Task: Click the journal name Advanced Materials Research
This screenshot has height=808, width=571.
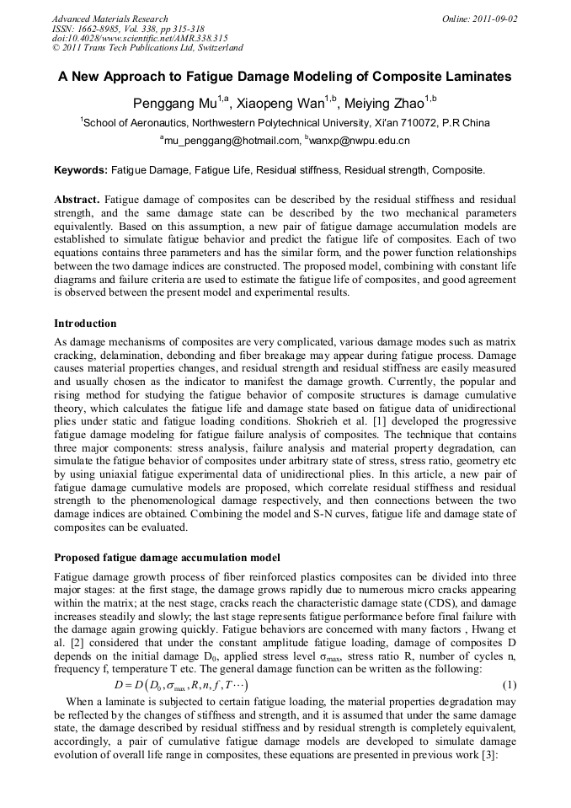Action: click(109, 19)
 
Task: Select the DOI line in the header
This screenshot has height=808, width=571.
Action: click(140, 38)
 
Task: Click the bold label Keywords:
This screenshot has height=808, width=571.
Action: click(81, 170)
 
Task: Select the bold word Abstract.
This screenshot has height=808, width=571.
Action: click(77, 200)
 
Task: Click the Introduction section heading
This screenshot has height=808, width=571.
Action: click(85, 324)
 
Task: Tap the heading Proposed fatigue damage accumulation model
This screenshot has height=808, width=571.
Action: click(166, 558)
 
